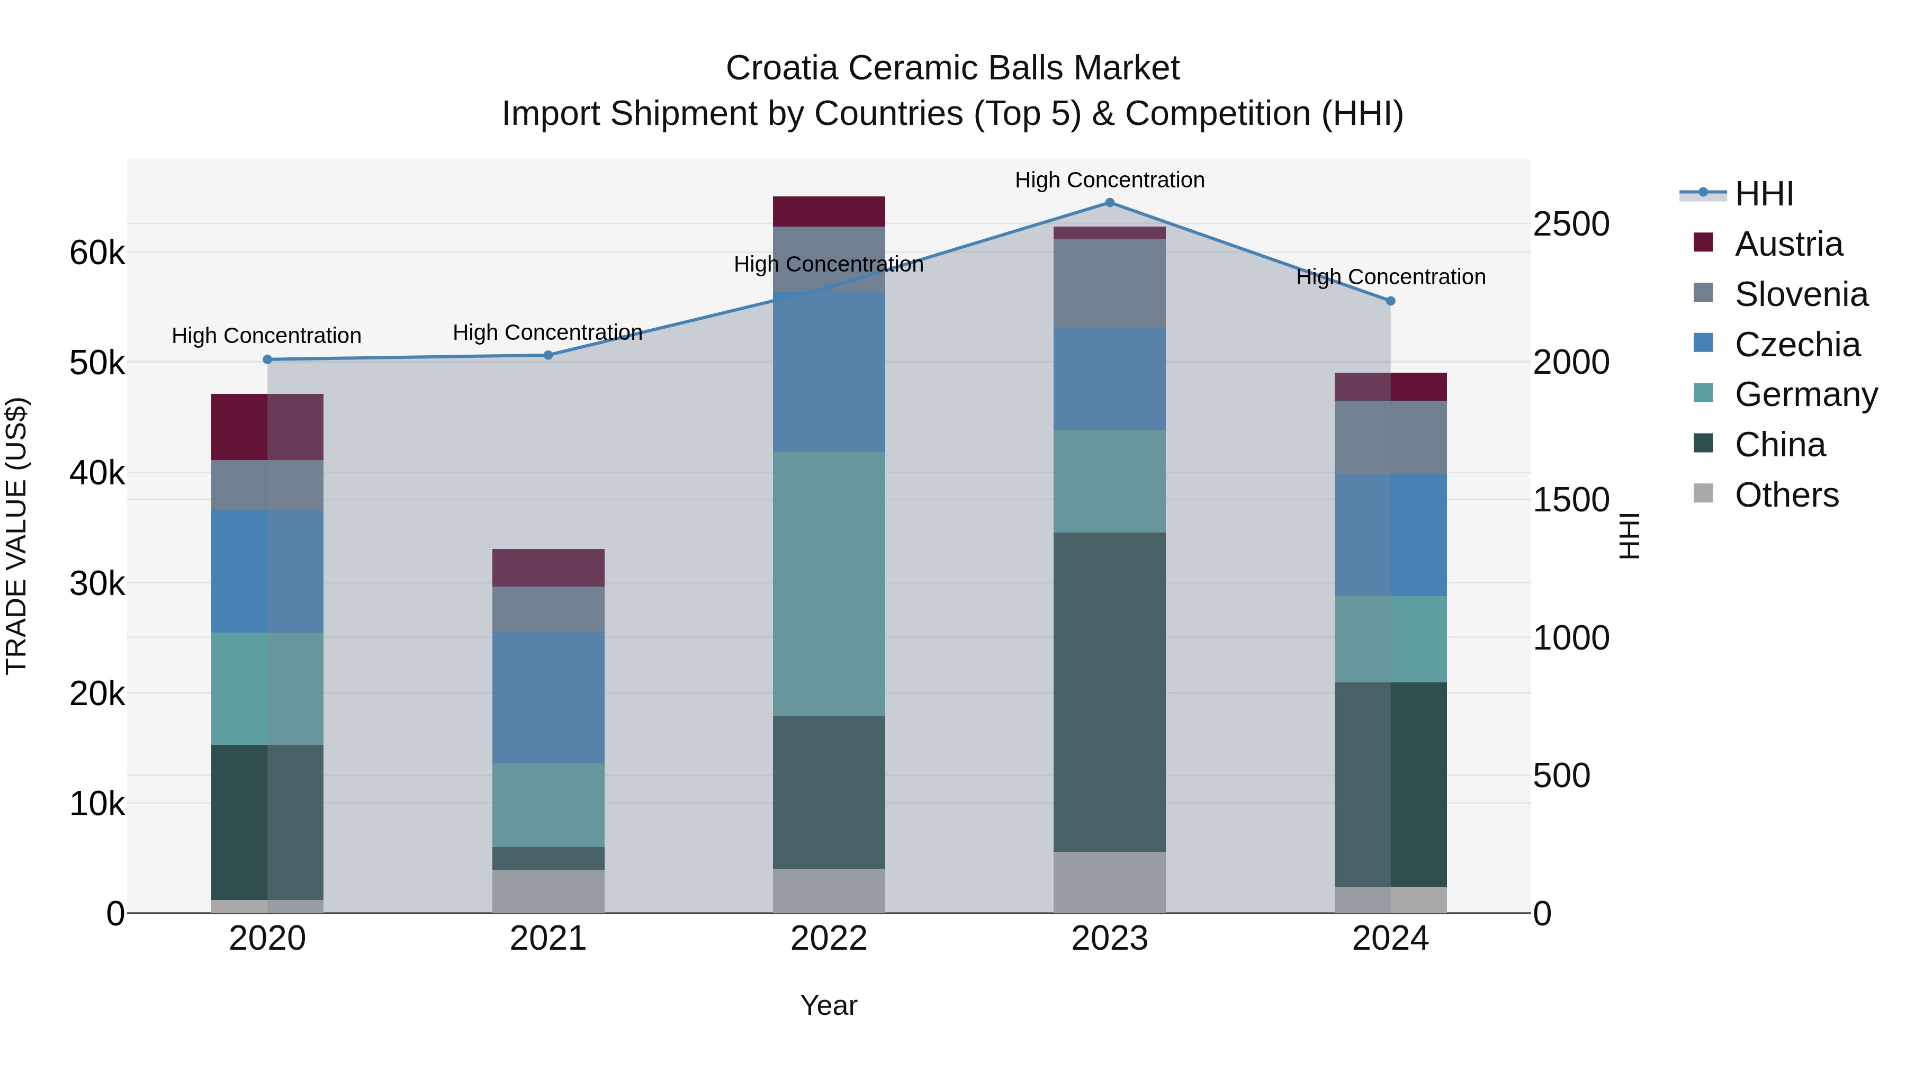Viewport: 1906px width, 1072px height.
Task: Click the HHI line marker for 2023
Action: tap(1109, 203)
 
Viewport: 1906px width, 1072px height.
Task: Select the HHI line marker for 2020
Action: tap(268, 359)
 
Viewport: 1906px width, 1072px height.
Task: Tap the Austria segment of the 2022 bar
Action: tap(829, 212)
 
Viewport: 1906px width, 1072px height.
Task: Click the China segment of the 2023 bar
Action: tap(1109, 692)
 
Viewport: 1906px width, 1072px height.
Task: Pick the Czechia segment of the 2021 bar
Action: tap(549, 697)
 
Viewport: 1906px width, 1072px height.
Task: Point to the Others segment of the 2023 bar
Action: tap(1109, 882)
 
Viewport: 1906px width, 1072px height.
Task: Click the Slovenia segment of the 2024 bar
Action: tap(1390, 437)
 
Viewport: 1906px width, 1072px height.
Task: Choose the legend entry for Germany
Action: tap(1805, 395)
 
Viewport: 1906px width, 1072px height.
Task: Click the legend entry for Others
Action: tap(1786, 496)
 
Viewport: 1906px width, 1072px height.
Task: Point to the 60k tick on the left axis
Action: tap(97, 253)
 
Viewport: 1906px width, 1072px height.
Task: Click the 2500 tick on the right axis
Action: tap(1571, 224)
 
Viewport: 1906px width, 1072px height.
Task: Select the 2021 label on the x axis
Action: tap(549, 939)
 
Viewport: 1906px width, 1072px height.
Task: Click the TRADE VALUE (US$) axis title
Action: tap(16, 536)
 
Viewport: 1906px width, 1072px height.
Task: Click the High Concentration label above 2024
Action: tap(1390, 277)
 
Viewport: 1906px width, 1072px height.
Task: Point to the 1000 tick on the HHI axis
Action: tap(1571, 638)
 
